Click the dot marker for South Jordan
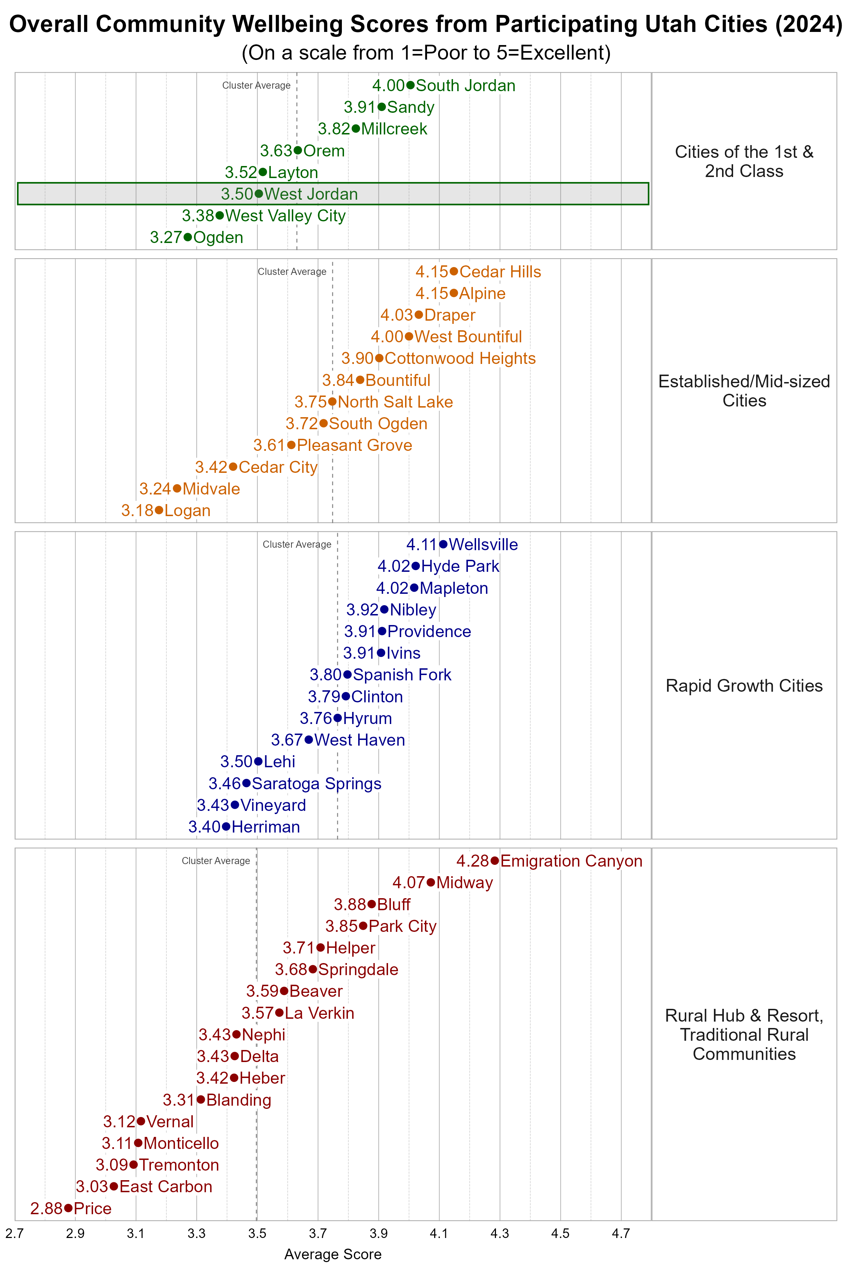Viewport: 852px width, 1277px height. pos(410,85)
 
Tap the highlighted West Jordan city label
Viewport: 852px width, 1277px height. pos(311,194)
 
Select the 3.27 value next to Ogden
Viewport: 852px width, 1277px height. pos(166,237)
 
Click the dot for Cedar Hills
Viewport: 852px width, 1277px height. pos(454,271)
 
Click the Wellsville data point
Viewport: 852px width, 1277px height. pos(443,544)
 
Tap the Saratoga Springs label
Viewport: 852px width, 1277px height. pos(316,784)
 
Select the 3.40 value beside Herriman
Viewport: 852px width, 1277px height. pos(204,827)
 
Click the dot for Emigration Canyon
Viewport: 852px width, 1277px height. pos(495,861)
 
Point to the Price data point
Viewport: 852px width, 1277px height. pos(68,1208)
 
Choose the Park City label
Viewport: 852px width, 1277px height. pos(403,926)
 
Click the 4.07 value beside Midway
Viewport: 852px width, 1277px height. pos(409,882)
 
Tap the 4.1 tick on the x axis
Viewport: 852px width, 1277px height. pos(439,1233)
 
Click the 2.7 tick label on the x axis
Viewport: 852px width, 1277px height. pos(15,1233)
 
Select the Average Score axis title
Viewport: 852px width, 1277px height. pos(333,1254)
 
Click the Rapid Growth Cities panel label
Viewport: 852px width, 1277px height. pos(744,686)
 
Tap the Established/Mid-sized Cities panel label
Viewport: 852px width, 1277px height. pos(744,391)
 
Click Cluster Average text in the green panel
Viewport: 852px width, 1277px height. pos(256,85)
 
